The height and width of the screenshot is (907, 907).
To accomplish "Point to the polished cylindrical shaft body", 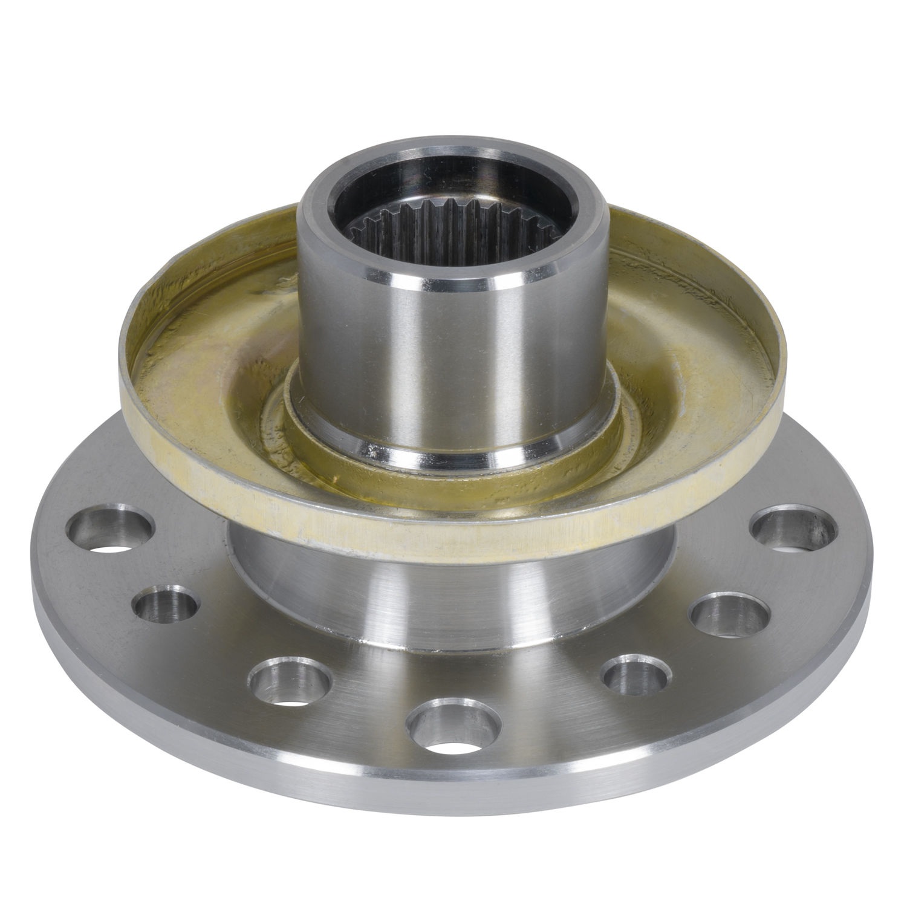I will point(447,351).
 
